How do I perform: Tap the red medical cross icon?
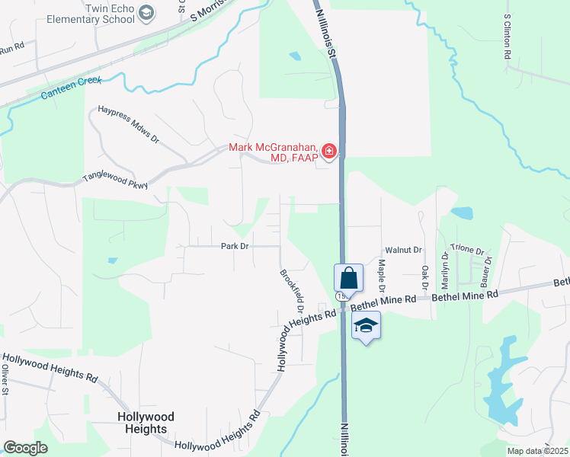[329, 152]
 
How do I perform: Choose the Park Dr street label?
[235, 246]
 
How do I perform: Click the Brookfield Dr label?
[292, 291]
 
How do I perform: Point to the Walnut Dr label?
[403, 249]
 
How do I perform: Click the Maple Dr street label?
[382, 276]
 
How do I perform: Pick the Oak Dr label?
[424, 277]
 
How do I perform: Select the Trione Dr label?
[467, 249]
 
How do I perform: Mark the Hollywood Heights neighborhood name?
[146, 423]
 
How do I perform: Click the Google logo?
[26, 447]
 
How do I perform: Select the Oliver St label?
[5, 381]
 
